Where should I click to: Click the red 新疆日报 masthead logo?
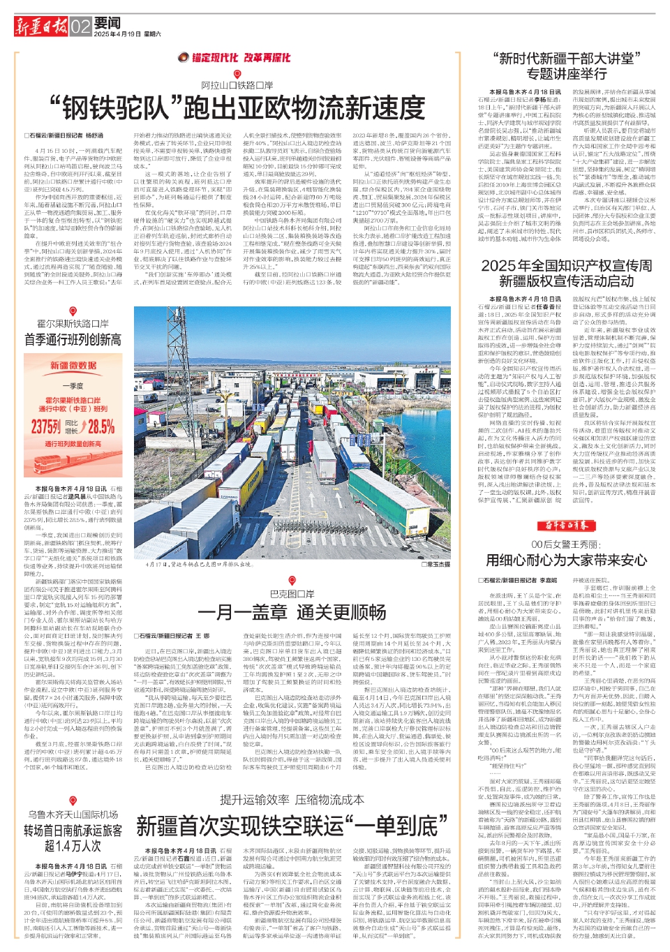pyautogui.click(x=41, y=27)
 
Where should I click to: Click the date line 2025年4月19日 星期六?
pyautogui.click(x=127, y=34)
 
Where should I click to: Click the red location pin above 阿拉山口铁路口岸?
pyautogui.click(x=237, y=74)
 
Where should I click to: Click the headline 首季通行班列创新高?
pyautogui.click(x=73, y=340)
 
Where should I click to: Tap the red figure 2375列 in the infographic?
pyautogui.click(x=46, y=426)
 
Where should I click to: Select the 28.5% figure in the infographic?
pyautogui.click(x=100, y=426)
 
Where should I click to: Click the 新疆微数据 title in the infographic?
pyautogui.click(x=73, y=365)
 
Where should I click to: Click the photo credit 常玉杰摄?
pyautogui.click(x=437, y=564)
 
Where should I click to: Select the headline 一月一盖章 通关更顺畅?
pyautogui.click(x=292, y=612)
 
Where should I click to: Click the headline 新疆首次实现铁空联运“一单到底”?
pyautogui.click(x=292, y=826)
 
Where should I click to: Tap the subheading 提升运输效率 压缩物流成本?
pyautogui.click(x=292, y=800)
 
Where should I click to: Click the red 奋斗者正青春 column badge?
pyautogui.click(x=566, y=526)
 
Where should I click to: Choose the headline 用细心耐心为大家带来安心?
pyautogui.click(x=566, y=560)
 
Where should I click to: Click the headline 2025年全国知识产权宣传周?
pyautogui.click(x=566, y=266)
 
